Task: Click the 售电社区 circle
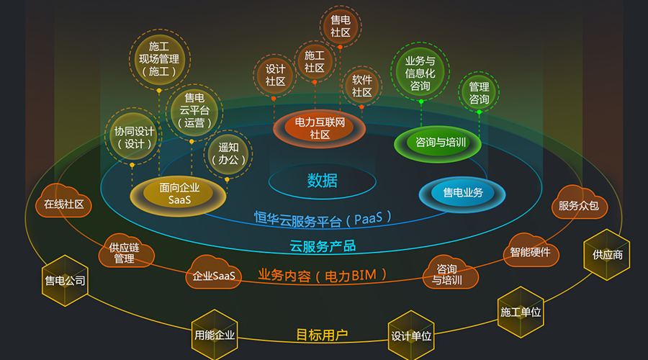[x=341, y=26]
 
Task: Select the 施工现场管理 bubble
[x=160, y=59]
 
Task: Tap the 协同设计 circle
[x=133, y=137]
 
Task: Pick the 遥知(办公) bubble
[x=228, y=154]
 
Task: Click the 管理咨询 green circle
[x=479, y=93]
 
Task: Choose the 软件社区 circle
[x=362, y=86]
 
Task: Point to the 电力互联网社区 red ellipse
[x=320, y=129]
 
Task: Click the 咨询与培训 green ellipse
[x=438, y=143]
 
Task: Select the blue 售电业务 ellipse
[x=462, y=194]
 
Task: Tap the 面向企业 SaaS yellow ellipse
[x=178, y=195]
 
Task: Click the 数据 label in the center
[x=323, y=181]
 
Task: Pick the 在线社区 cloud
[x=63, y=202]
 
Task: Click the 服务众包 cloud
[x=580, y=203]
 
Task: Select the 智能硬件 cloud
[x=531, y=251]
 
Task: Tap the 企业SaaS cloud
[x=214, y=273]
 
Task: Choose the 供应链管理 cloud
[x=126, y=251]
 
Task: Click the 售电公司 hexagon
[x=65, y=281]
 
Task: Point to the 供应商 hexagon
[x=607, y=255]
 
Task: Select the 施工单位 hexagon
[x=521, y=312]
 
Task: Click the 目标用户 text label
[x=322, y=335]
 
